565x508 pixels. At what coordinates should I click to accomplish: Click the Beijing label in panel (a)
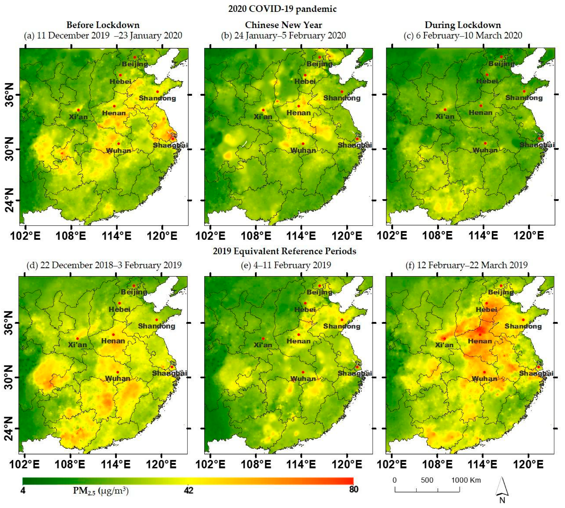point(135,64)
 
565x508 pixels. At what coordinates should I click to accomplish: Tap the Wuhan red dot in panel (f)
point(484,372)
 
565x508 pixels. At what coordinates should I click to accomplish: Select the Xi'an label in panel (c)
point(445,116)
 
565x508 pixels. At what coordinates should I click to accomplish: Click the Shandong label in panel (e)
point(342,326)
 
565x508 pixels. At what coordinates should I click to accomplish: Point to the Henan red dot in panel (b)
point(299,106)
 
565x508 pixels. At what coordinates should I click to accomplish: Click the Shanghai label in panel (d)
point(169,373)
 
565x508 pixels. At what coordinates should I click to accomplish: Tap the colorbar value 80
point(353,489)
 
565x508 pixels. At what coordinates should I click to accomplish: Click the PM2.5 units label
point(101,490)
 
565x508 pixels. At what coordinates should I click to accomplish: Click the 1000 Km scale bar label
point(466,480)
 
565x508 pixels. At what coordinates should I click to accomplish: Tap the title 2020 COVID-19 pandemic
point(282,9)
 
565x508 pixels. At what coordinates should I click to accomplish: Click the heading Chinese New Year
point(283,25)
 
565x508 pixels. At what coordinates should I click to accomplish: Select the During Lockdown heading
point(462,25)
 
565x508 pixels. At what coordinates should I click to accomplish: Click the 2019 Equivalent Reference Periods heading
point(284,251)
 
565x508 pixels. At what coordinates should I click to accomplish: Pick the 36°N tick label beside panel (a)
point(9,95)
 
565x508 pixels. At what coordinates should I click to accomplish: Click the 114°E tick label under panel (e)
point(301,464)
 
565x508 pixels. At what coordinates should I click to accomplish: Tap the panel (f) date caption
point(467,265)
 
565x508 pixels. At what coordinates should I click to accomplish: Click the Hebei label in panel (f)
point(486,310)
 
